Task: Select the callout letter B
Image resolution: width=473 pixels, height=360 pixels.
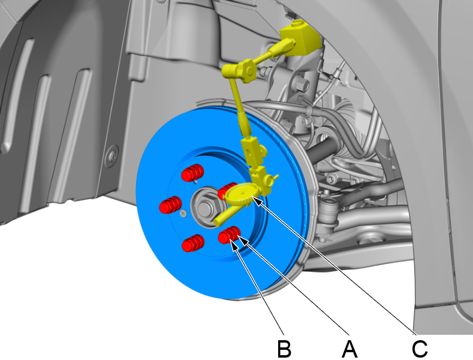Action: (284, 347)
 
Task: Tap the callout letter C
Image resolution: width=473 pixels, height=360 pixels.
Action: (419, 347)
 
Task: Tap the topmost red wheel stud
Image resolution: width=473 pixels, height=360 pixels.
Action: (192, 172)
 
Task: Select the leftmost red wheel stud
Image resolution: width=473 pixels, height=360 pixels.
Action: (170, 205)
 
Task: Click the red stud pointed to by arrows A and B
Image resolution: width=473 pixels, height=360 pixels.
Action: (230, 236)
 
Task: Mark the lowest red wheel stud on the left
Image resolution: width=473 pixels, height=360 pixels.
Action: (192, 243)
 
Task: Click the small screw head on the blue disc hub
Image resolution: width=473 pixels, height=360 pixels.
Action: (182, 212)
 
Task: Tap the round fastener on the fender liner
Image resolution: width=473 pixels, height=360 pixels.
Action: (112, 158)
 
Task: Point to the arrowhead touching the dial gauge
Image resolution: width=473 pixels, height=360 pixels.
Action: (257, 200)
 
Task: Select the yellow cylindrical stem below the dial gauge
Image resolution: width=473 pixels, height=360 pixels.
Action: (227, 212)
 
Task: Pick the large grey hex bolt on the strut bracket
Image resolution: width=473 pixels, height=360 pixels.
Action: (301, 85)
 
